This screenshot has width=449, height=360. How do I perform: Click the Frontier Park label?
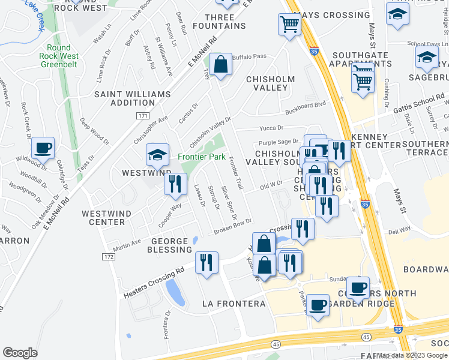201,157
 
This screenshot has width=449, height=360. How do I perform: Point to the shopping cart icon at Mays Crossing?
289,25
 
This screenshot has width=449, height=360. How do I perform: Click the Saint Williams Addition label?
124,100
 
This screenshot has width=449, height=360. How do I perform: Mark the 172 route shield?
108,257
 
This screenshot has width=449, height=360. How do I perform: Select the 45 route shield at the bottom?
276,344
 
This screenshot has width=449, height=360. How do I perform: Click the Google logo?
20,353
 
